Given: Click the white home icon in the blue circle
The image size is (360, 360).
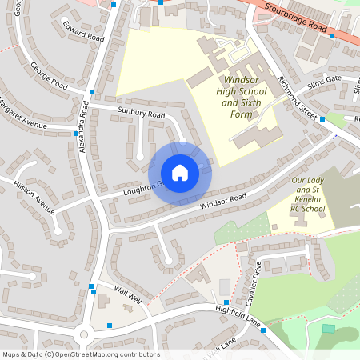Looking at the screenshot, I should click(x=180, y=173).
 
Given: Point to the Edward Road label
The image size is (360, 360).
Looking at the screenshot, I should click(x=84, y=31).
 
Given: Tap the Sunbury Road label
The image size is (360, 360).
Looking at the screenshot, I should click(x=141, y=114).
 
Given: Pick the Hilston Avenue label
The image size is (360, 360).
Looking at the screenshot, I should click(x=34, y=197).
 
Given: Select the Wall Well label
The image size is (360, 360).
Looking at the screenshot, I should click(x=127, y=294).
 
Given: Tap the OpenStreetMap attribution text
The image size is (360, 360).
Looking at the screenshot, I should click(x=81, y=354).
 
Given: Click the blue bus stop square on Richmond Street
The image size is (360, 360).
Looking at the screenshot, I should click(x=322, y=119).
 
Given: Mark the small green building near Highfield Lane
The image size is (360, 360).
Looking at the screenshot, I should click(x=328, y=328).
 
